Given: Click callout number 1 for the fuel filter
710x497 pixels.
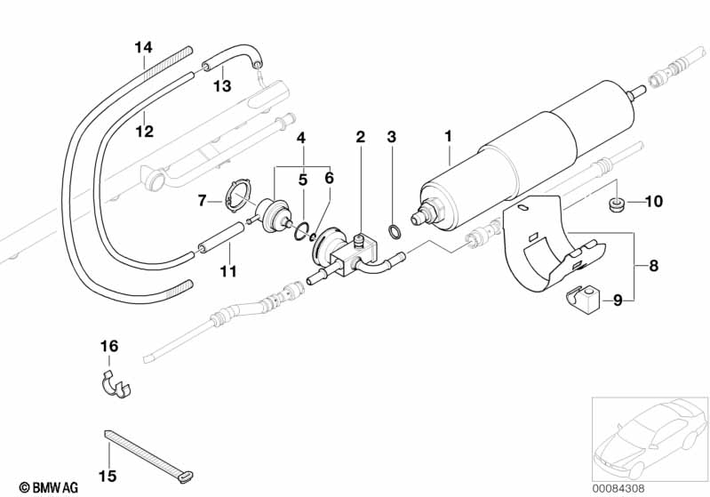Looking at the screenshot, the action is click(x=448, y=136).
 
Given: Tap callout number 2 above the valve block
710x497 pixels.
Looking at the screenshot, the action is click(x=361, y=136).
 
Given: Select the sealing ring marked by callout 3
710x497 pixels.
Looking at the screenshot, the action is click(x=395, y=231).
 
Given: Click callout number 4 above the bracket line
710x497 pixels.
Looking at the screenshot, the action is click(x=301, y=137).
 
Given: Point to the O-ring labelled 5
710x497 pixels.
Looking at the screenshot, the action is click(x=301, y=230).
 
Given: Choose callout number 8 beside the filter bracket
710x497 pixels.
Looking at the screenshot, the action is click(x=653, y=265).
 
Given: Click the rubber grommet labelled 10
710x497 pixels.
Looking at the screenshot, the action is click(x=616, y=205).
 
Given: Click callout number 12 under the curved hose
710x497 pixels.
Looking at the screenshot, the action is click(x=145, y=132).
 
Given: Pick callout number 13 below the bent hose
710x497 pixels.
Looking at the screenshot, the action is click(x=222, y=85).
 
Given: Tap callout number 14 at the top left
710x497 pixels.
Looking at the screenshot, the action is click(x=144, y=47).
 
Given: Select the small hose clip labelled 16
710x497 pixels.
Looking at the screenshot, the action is click(x=115, y=385).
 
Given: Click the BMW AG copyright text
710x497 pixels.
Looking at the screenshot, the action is click(x=49, y=487).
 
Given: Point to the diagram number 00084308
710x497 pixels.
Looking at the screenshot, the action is click(x=618, y=488).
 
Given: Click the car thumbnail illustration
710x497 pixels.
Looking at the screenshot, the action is click(x=650, y=439).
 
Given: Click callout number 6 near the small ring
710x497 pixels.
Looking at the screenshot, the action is click(x=329, y=178).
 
